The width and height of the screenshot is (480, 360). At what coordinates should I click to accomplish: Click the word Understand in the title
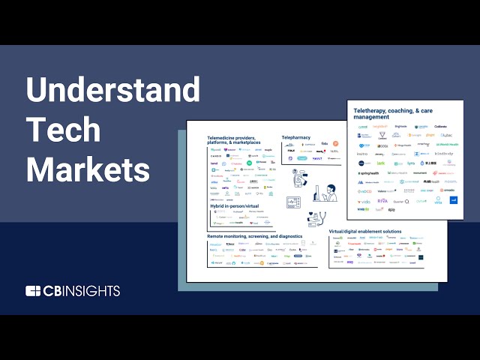tap(113, 91)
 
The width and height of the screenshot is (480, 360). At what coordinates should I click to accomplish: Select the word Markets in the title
tap(88, 169)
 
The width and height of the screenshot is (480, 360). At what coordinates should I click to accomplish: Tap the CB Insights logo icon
tap(33, 291)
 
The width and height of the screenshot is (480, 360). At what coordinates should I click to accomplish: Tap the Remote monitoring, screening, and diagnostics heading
tap(255, 236)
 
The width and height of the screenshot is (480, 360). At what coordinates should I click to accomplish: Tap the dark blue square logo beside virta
tap(454, 200)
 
